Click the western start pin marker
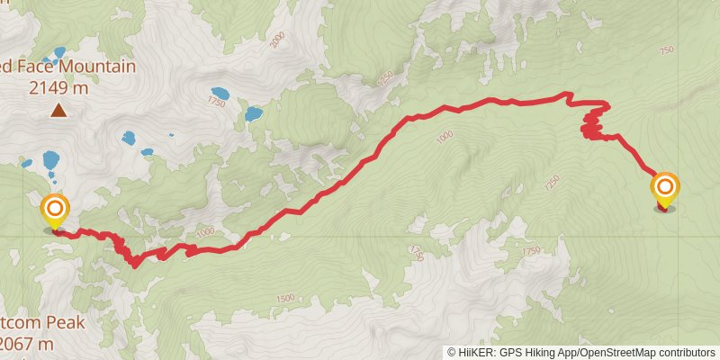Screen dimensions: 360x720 pyautogui.click(x=55, y=212)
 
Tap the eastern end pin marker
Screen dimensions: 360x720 pyautogui.click(x=665, y=189)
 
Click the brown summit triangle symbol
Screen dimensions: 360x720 pyautogui.click(x=58, y=111)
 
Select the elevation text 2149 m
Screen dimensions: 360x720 pyautogui.click(x=58, y=87)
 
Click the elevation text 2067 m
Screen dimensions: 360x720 pyautogui.click(x=27, y=343)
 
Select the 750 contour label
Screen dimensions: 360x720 pyautogui.click(x=666, y=51)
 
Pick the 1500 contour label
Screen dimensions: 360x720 pyautogui.click(x=284, y=298)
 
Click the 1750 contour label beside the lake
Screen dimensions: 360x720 pyautogui.click(x=215, y=103)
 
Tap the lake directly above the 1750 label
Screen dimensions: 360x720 pyautogui.click(x=220, y=93)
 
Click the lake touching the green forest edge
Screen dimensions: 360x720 pyautogui.click(x=253, y=114)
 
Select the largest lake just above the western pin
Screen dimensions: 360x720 pyautogui.click(x=50, y=163)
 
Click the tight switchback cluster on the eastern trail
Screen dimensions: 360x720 pyautogui.click(x=593, y=123)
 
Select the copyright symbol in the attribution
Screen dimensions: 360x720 pyautogui.click(x=452, y=353)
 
